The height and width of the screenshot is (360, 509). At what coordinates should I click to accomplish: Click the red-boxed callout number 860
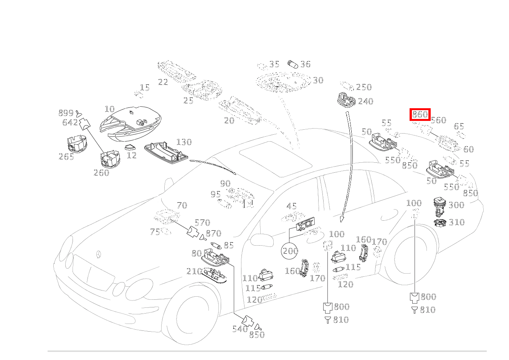(420, 114)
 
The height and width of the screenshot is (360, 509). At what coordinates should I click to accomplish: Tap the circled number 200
(290, 251)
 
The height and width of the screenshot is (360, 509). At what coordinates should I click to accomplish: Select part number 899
(66, 113)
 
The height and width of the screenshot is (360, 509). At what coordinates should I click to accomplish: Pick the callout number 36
(305, 64)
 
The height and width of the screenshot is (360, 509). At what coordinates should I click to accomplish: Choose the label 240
(365, 101)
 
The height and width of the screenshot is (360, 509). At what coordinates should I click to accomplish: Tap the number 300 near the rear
(456, 205)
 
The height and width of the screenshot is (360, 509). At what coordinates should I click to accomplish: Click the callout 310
(456, 222)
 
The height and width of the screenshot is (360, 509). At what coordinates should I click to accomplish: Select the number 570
(202, 223)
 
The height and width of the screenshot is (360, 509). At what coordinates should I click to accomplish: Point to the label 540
(240, 329)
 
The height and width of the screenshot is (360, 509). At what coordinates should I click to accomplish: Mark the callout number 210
(194, 272)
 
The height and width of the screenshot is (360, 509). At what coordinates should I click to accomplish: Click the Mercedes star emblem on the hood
(99, 255)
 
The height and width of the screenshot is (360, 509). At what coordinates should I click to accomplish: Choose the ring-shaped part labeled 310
(440, 222)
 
